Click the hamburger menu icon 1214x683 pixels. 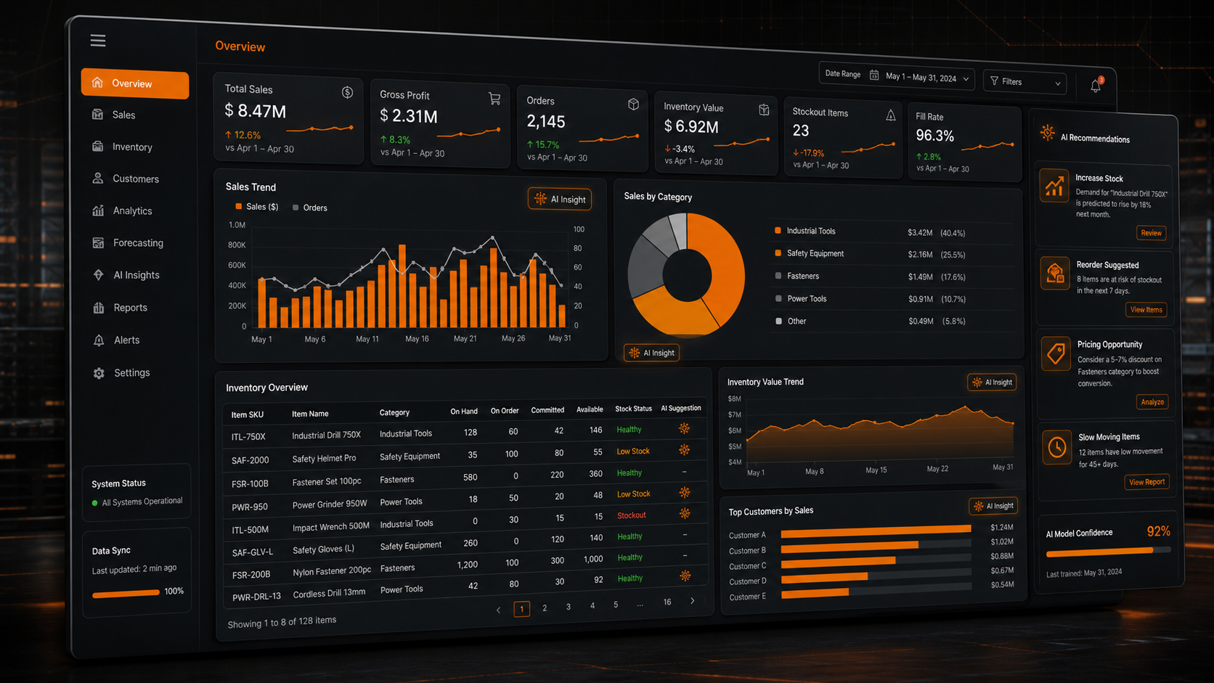[98, 41]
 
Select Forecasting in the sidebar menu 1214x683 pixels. [138, 242]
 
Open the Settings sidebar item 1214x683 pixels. [131, 372]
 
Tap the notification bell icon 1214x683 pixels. [1096, 85]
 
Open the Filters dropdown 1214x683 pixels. [1024, 82]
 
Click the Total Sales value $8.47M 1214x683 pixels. [255, 111]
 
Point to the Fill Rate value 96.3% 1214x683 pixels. [935, 136]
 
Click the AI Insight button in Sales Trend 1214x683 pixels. [560, 200]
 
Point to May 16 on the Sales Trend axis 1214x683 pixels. [417, 338]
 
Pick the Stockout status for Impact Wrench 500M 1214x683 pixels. [632, 515]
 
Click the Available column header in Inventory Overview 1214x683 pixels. [590, 409]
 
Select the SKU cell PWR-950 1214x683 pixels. [250, 507]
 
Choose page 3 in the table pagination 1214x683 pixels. [568, 608]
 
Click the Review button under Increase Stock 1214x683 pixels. [1151, 233]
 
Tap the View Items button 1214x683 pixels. [1146, 310]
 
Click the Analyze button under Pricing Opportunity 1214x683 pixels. [1152, 402]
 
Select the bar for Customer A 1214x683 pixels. [876, 531]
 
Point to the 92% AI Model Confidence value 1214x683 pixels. [1158, 531]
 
